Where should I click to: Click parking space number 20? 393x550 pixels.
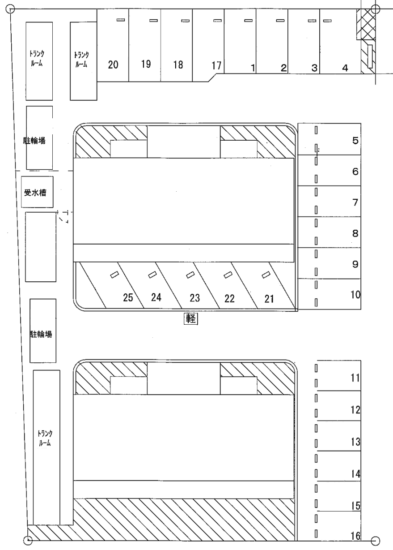pyautogui.click(x=113, y=65)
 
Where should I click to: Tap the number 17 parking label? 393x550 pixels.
pyautogui.click(x=216, y=65)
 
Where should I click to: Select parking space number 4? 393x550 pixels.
pyautogui.click(x=345, y=68)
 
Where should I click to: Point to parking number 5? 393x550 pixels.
pyautogui.click(x=355, y=141)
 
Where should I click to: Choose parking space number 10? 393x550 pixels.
pyautogui.click(x=355, y=295)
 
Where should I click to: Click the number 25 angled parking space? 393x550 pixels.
pyautogui.click(x=128, y=297)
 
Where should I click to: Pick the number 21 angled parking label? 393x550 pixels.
pyautogui.click(x=269, y=299)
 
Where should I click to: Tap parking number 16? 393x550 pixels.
pyautogui.click(x=356, y=536)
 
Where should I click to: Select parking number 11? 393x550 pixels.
pyautogui.click(x=355, y=378)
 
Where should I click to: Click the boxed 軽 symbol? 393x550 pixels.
pyautogui.click(x=191, y=319)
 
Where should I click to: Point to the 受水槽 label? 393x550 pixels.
pyautogui.click(x=35, y=193)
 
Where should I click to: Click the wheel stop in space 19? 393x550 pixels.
pyautogui.click(x=153, y=21)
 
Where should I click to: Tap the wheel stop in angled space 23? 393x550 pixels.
pyautogui.click(x=189, y=275)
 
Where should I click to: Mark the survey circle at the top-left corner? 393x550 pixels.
pyautogui.click(x=10, y=9)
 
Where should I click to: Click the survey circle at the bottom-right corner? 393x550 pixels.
pyautogui.click(x=375, y=541)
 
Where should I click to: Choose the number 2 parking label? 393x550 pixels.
pyautogui.click(x=283, y=68)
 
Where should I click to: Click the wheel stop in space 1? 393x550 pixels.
pyautogui.click(x=248, y=21)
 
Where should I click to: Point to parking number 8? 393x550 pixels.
pyautogui.click(x=355, y=233)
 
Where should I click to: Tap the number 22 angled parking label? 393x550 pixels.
pyautogui.click(x=229, y=299)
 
